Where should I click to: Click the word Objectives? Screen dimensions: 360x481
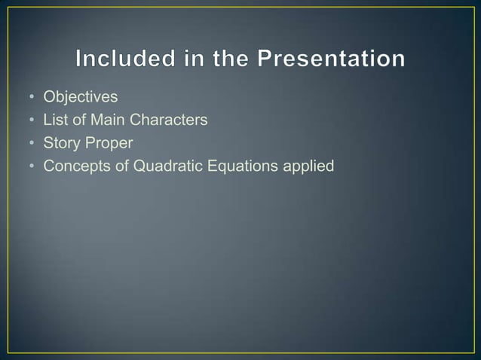click(81, 97)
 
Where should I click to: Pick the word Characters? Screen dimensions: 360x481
click(168, 119)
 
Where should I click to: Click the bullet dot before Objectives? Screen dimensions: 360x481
click(32, 97)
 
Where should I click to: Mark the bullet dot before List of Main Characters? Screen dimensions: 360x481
click(32, 119)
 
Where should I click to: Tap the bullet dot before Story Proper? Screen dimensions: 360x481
click(32, 141)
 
